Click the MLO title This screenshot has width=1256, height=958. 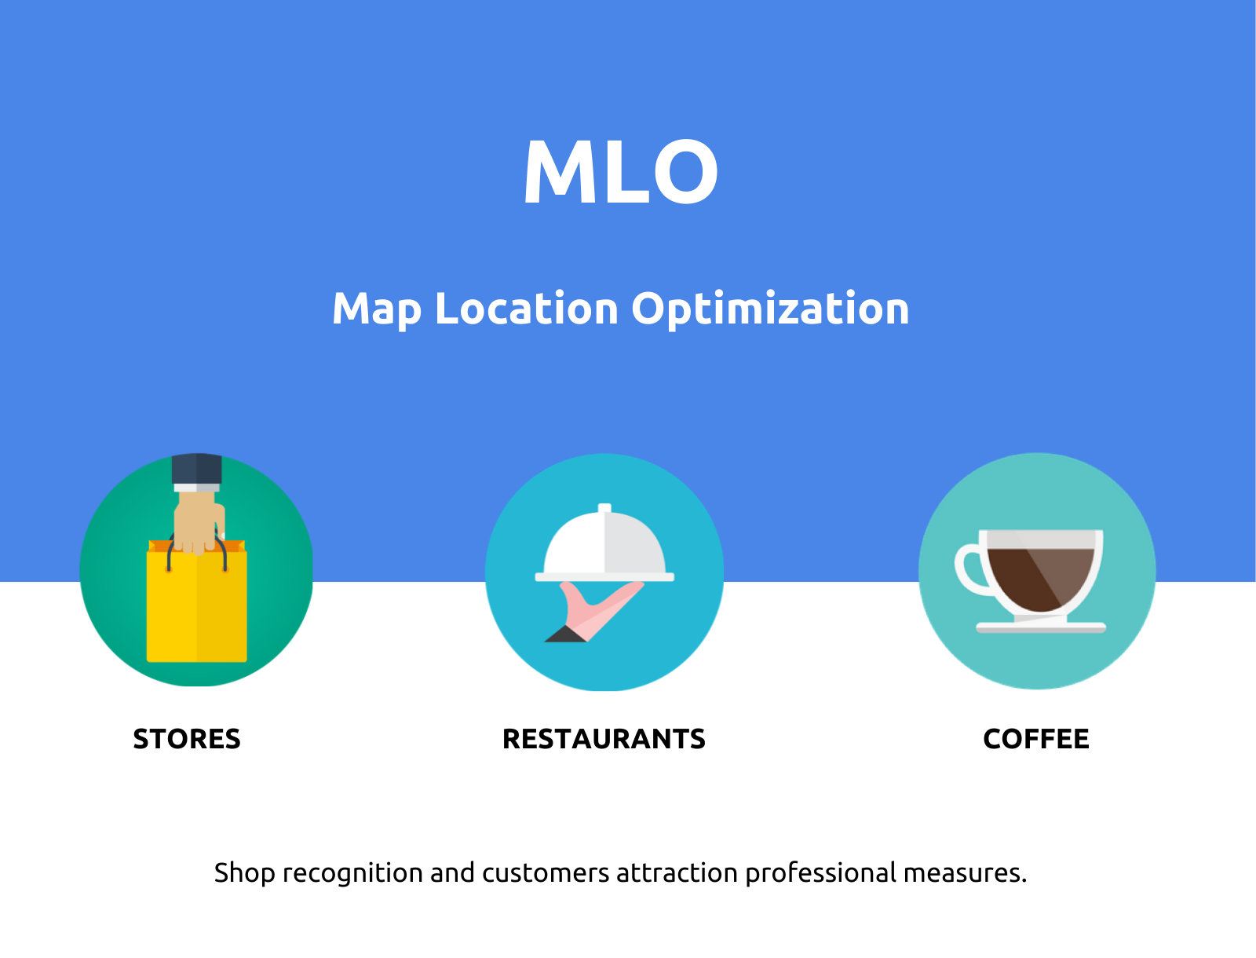[x=620, y=172]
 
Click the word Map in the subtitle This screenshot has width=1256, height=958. [x=376, y=309]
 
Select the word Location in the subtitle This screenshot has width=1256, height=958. [x=526, y=308]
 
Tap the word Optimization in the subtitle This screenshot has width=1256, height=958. [x=770, y=309]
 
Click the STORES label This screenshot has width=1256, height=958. [x=187, y=739]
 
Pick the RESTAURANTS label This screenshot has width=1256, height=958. [x=604, y=739]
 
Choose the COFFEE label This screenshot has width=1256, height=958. [x=1035, y=739]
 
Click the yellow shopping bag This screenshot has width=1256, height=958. [x=196, y=609]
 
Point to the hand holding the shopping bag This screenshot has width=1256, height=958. [x=198, y=522]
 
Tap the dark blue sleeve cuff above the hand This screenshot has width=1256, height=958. [x=197, y=469]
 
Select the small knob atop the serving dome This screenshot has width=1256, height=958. [x=604, y=508]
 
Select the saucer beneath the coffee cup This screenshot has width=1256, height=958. [x=1040, y=627]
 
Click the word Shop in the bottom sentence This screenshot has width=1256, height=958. [x=244, y=873]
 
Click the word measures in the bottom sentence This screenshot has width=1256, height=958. [x=965, y=873]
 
